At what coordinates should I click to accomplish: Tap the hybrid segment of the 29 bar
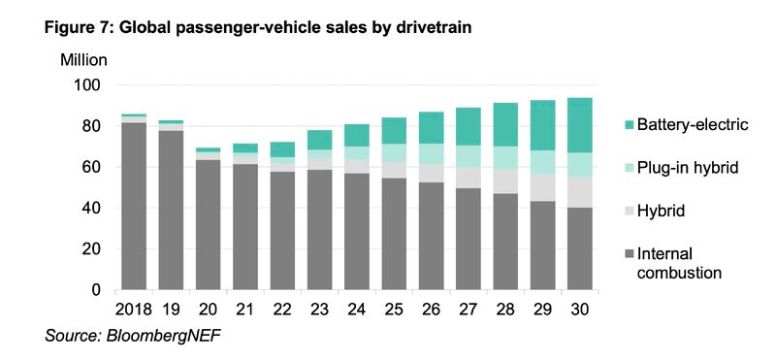[x=542, y=187]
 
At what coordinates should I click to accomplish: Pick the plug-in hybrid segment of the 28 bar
[x=505, y=158]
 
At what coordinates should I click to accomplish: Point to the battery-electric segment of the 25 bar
[x=394, y=131]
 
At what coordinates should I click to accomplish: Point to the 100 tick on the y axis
[x=88, y=85]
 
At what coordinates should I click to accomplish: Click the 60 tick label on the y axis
[x=92, y=167]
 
